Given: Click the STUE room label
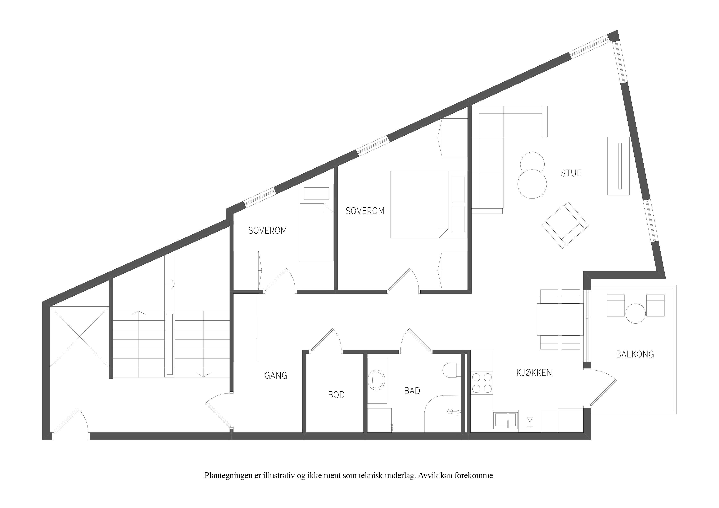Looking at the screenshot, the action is click(x=571, y=173).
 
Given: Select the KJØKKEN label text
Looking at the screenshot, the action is click(x=534, y=372).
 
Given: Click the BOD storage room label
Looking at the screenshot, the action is click(x=336, y=395).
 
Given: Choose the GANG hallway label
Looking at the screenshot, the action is click(x=276, y=375).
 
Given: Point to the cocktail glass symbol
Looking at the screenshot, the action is click(x=530, y=422).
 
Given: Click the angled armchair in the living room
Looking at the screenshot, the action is click(x=565, y=225).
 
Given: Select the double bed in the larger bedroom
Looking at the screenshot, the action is click(x=429, y=204).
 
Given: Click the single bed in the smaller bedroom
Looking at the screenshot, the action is click(x=316, y=222).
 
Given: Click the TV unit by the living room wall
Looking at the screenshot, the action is click(x=618, y=166).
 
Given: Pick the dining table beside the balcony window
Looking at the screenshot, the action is click(x=560, y=319).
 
